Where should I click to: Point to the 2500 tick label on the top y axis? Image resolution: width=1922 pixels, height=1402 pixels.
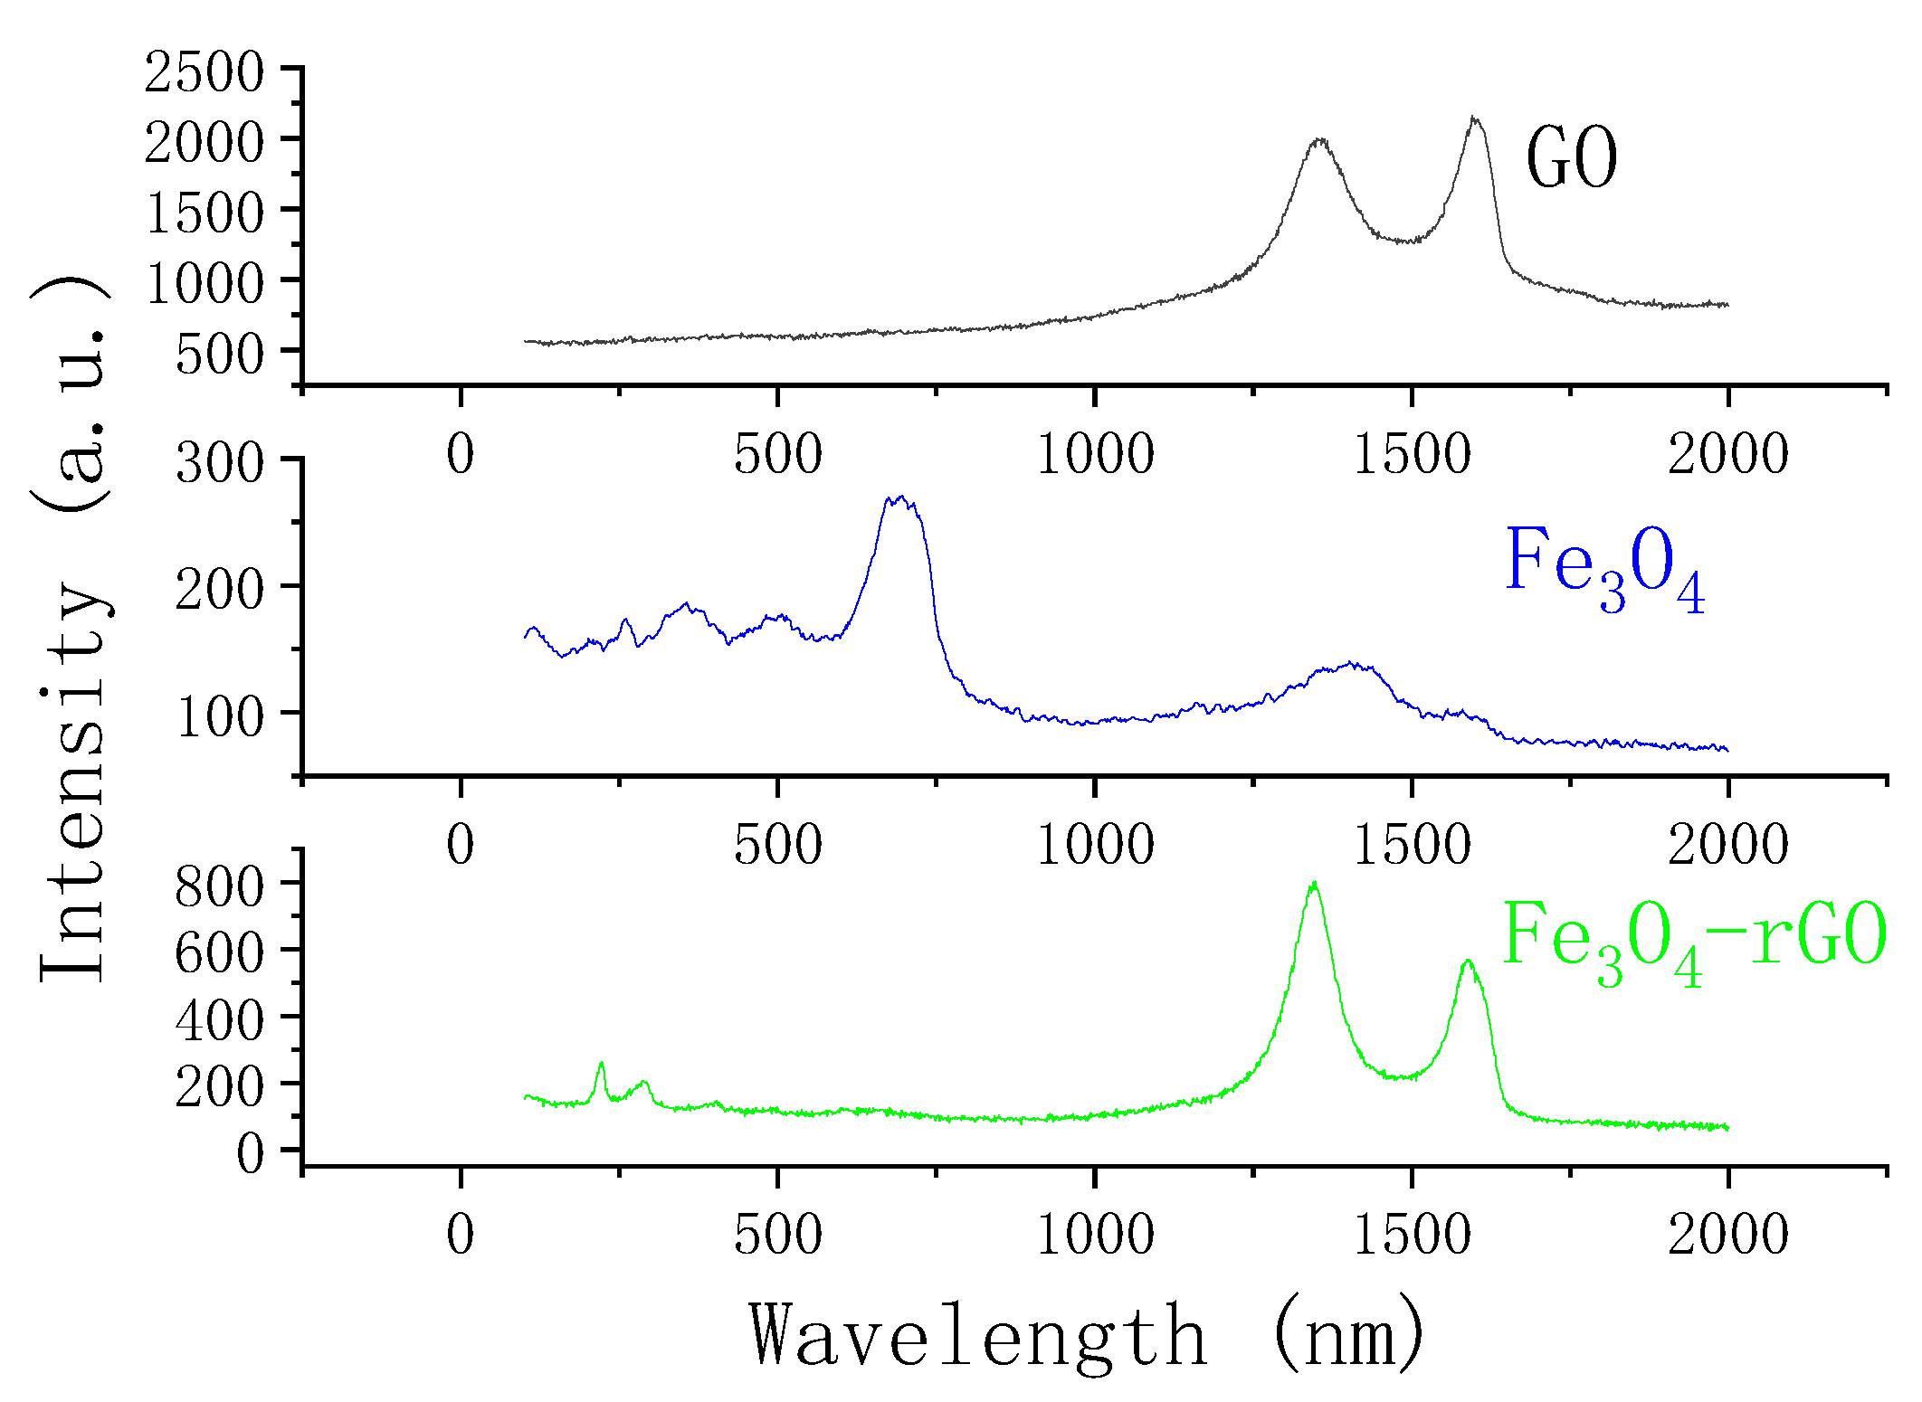click(205, 72)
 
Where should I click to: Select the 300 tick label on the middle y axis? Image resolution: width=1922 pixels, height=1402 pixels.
click(220, 463)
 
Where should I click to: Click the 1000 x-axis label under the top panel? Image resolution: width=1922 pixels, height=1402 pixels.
click(1095, 454)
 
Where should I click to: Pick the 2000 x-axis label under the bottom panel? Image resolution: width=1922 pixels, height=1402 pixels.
click(1727, 1235)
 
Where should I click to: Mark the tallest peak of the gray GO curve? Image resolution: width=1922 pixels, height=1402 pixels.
click(1475, 118)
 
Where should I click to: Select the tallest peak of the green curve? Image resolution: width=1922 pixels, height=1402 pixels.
click(1314, 884)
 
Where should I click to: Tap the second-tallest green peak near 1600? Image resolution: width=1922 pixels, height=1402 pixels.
click(1468, 962)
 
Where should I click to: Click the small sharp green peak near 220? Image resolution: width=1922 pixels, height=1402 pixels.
click(601, 1064)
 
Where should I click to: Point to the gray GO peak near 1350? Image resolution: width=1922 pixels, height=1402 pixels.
click(1319, 140)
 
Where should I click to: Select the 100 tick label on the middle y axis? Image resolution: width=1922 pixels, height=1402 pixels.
click(220, 717)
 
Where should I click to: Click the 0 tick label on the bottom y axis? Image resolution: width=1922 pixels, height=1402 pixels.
click(251, 1154)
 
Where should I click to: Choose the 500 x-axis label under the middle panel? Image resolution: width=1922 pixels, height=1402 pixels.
click(777, 845)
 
